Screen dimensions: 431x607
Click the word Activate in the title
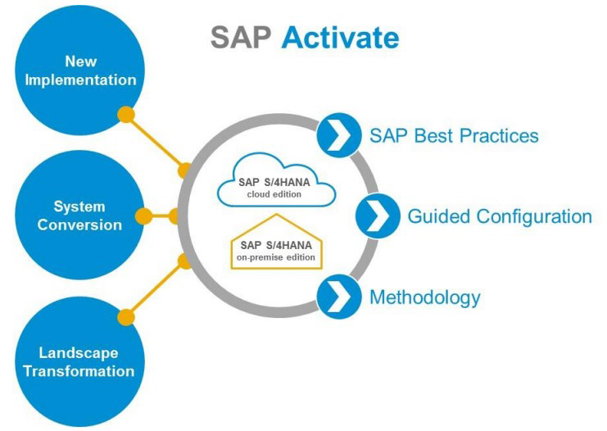(x=341, y=37)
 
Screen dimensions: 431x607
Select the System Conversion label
(x=79, y=215)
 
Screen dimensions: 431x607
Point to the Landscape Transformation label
(x=79, y=361)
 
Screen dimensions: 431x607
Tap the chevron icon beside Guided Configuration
(x=377, y=216)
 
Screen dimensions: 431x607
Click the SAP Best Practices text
(x=454, y=134)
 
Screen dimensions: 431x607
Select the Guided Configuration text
(x=500, y=216)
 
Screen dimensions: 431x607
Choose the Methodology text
(x=424, y=297)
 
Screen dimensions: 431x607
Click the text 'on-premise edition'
(x=276, y=256)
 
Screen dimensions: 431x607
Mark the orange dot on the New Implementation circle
(x=126, y=114)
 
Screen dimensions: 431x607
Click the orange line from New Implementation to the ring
(x=156, y=143)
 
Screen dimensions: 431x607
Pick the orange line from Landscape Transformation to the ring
(x=156, y=288)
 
